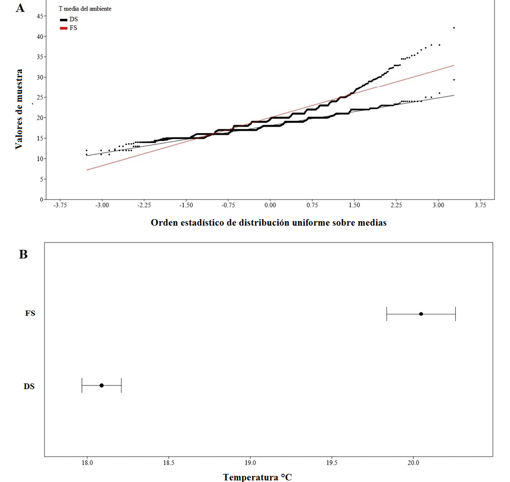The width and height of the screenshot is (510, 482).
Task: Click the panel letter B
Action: pos(23,254)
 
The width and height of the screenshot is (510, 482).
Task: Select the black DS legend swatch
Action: pos(63,19)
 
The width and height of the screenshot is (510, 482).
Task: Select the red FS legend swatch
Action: pos(63,28)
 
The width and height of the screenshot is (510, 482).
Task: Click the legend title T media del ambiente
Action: pos(85,9)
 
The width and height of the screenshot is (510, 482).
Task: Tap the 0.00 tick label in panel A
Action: pos(270,205)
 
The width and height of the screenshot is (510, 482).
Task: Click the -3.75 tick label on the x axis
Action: pos(60,205)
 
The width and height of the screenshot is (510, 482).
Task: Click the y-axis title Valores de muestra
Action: pos(19,109)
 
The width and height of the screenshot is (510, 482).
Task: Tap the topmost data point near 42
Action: pos(454,28)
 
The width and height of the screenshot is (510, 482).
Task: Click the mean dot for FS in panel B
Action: pos(421,314)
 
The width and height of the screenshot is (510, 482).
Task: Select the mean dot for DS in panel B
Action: pos(102,385)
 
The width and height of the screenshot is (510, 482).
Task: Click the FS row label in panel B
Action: pos(30,314)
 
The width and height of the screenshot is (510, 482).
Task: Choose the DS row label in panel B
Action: pos(29,386)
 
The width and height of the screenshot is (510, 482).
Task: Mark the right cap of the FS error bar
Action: pos(455,314)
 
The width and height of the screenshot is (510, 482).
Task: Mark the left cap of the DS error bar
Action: pos(82,385)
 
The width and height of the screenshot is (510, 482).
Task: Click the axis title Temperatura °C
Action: pos(258,477)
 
